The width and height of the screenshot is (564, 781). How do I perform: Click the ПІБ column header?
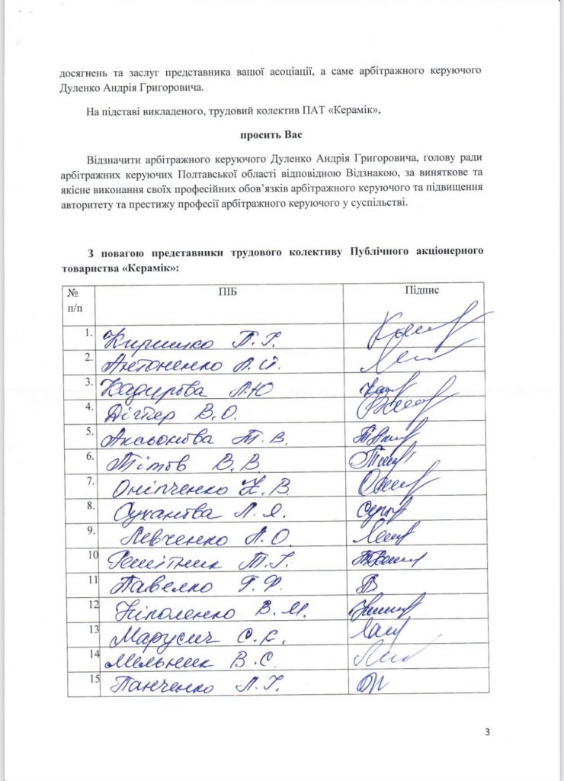pyautogui.click(x=205, y=291)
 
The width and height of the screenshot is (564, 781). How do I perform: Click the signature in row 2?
pyautogui.click(x=396, y=362)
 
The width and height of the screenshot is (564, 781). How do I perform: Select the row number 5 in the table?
pyautogui.click(x=89, y=432)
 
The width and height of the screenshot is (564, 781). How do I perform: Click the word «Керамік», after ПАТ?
pyautogui.click(x=353, y=111)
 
